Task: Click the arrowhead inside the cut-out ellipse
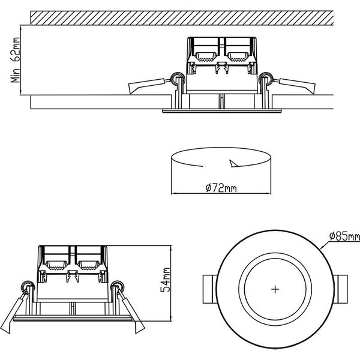[x=233, y=163]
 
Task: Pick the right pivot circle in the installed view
[x=265, y=77]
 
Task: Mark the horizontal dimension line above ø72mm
[x=218, y=194]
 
